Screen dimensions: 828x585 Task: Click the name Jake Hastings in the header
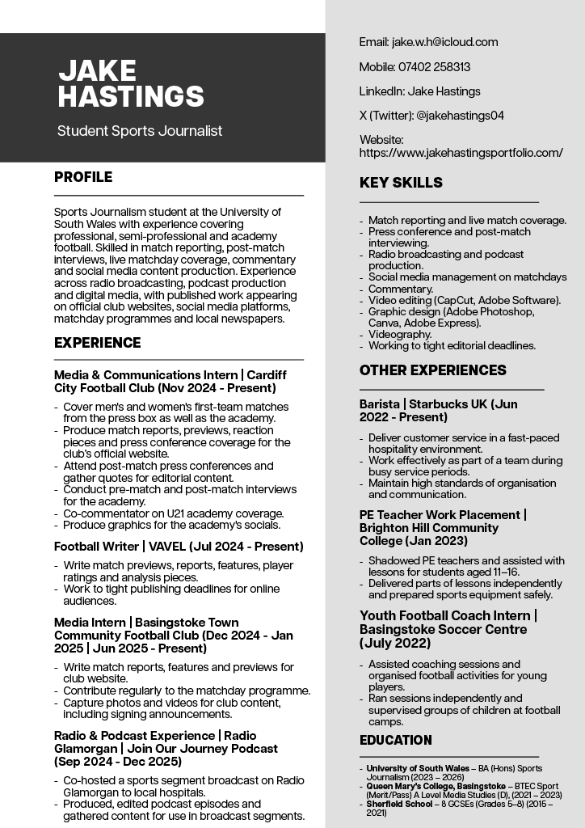[131, 83]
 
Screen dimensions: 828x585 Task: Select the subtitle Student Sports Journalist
[139, 131]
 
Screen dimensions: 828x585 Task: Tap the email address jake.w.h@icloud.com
[444, 42]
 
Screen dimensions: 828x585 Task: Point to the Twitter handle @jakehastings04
[460, 116]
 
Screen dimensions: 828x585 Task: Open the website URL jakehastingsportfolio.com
[461, 152]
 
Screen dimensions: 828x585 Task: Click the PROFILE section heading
[83, 177]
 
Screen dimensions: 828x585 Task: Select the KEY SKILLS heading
[401, 183]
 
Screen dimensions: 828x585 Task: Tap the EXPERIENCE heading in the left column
[97, 343]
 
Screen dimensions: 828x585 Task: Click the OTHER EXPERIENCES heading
[432, 370]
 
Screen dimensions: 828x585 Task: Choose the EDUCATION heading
[395, 740]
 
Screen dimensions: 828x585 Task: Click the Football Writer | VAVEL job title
[179, 547]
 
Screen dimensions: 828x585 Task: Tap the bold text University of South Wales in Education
[417, 768]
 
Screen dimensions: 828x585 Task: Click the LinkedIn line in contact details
[419, 91]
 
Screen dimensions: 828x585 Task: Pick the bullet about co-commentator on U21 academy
[173, 513]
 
